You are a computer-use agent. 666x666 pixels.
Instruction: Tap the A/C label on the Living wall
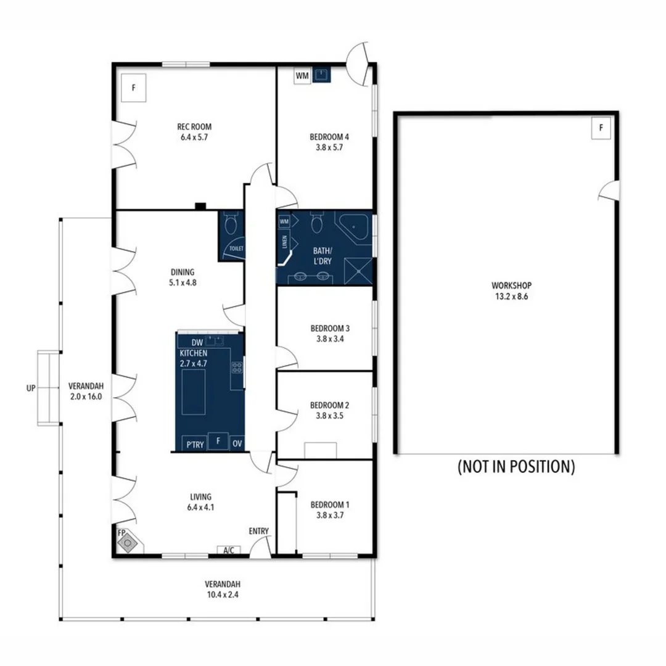pos(228,550)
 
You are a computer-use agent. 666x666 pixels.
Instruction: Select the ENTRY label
pos(259,532)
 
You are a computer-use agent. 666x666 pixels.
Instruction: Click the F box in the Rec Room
pos(133,88)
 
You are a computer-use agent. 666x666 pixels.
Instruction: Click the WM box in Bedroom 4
pos(302,76)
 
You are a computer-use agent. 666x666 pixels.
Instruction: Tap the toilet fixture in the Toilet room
pos(231,224)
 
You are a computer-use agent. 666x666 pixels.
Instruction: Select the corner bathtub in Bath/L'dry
pos(356,228)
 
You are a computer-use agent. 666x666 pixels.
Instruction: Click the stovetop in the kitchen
pos(237,368)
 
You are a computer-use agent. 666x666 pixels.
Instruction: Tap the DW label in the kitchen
pos(197,343)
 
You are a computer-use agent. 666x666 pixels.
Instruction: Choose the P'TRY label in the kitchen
pos(195,444)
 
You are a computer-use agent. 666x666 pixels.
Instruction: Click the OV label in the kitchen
pos(237,444)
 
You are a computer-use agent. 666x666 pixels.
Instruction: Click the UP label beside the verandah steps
pos(31,388)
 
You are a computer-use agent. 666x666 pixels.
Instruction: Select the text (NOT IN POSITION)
pos(516,467)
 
